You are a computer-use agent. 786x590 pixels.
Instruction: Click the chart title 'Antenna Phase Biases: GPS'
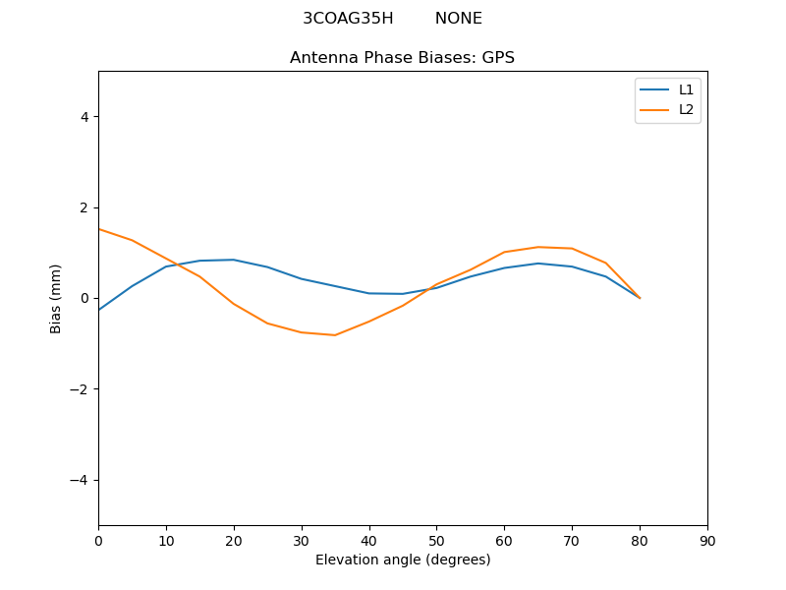point(402,58)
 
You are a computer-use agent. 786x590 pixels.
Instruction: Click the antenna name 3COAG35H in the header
point(348,19)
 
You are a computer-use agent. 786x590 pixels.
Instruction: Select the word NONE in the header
point(458,19)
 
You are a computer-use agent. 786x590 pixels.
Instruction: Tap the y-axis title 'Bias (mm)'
point(57,298)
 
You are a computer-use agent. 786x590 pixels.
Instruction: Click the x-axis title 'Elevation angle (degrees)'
point(403,560)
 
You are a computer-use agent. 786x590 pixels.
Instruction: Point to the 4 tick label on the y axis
point(84,116)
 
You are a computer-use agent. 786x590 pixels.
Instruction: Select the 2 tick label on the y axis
point(84,207)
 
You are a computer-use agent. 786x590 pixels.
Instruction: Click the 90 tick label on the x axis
point(707,540)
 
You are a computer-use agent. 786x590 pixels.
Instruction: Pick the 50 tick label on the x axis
point(436,540)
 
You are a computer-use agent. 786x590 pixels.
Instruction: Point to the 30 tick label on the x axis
point(302,540)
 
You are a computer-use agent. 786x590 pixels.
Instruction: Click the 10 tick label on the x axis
point(166,540)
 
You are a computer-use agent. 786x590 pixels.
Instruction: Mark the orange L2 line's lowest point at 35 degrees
point(335,335)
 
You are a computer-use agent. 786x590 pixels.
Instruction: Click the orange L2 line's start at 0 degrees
point(99,229)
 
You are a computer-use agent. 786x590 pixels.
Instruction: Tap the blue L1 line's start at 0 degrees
point(99,310)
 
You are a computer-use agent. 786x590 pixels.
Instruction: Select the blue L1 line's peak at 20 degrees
point(234,260)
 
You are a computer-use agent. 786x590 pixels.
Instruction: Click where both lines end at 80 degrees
point(640,298)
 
